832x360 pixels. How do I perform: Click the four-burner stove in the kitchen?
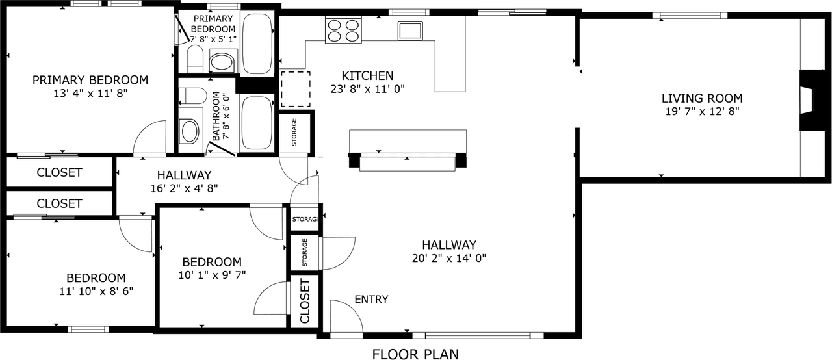(343, 31)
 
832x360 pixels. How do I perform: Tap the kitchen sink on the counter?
(411, 31)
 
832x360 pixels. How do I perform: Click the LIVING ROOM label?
(702, 99)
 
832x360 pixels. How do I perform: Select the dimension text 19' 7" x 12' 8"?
(702, 111)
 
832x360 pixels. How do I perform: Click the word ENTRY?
(371, 300)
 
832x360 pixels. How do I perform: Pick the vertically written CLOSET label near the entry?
(304, 300)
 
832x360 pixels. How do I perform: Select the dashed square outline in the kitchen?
(296, 89)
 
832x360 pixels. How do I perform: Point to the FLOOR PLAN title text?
(415, 354)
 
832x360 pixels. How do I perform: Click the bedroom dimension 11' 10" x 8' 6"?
(97, 290)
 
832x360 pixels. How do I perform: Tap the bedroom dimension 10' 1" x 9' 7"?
(212, 274)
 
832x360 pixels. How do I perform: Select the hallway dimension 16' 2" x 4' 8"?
(184, 188)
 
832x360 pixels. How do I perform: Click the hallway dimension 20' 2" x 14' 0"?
(449, 257)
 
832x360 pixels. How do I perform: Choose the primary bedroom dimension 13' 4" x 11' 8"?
(90, 93)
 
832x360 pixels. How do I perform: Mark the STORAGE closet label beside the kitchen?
(294, 132)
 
